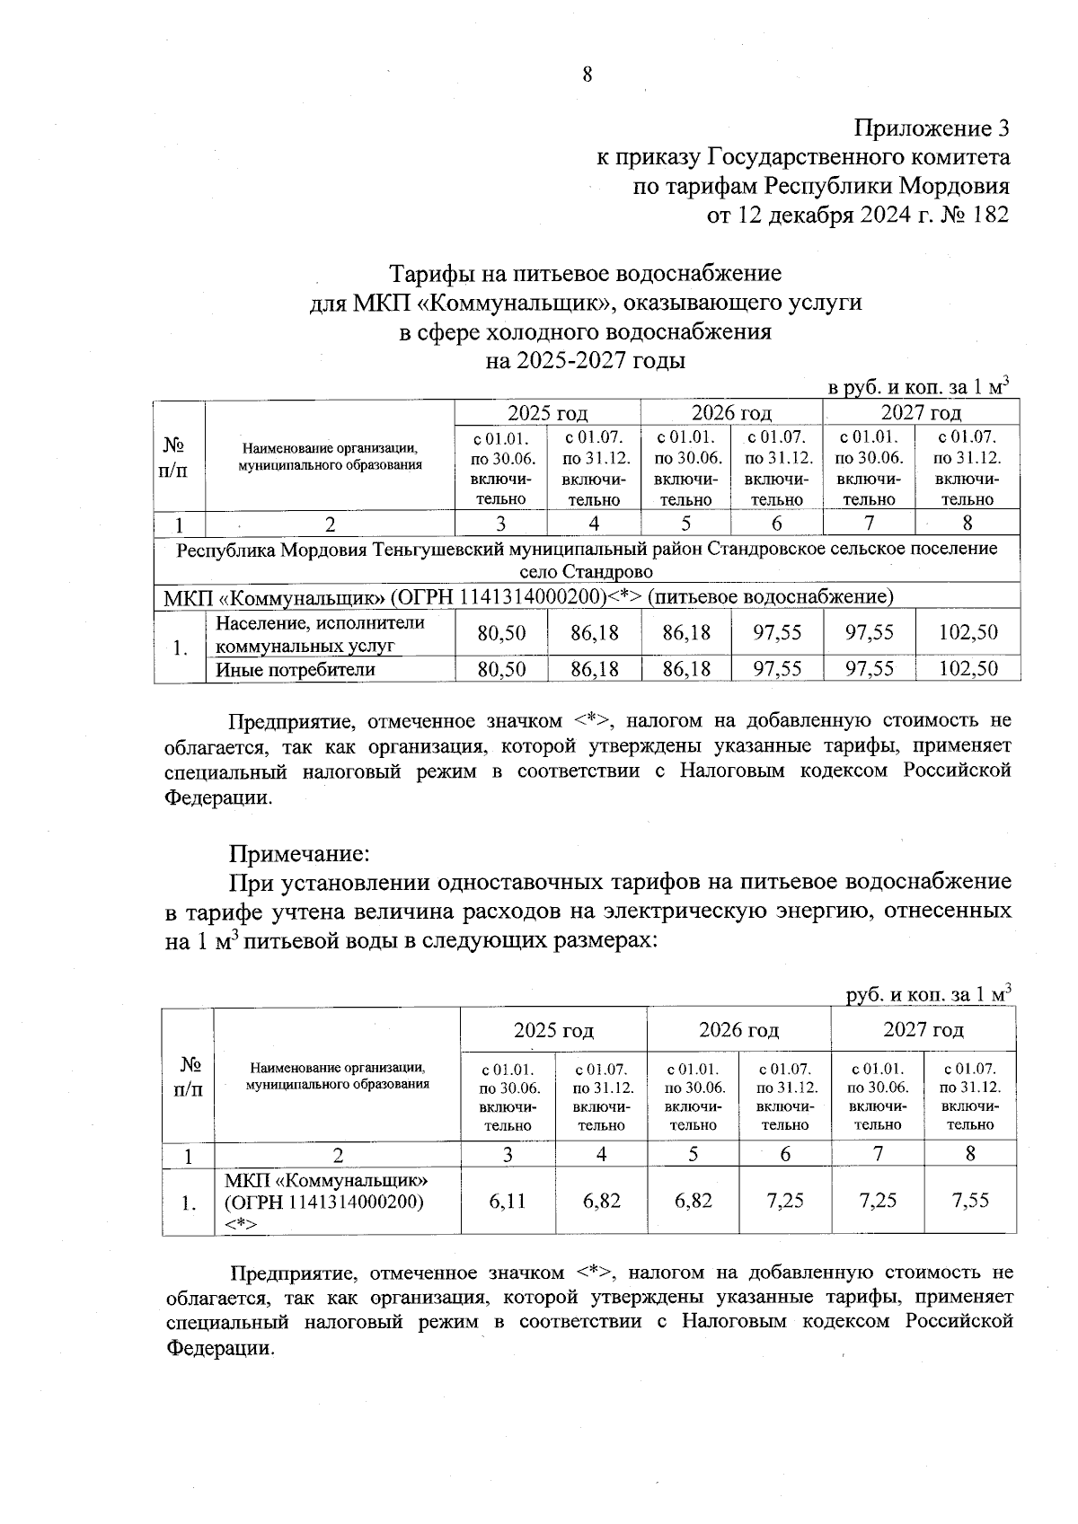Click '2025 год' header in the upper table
click(x=547, y=413)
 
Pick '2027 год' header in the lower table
click(x=923, y=1029)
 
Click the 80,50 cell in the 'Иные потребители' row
click(x=501, y=670)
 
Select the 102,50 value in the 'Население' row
click(x=968, y=632)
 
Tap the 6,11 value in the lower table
click(x=508, y=1201)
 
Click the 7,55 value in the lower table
click(x=970, y=1201)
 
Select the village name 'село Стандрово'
click(x=587, y=572)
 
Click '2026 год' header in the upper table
click(x=730, y=413)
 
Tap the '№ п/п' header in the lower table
click(x=188, y=1076)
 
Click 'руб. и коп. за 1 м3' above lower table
click(x=929, y=995)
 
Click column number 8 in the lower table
click(x=970, y=1155)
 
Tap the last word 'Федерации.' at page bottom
click(x=220, y=1348)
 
